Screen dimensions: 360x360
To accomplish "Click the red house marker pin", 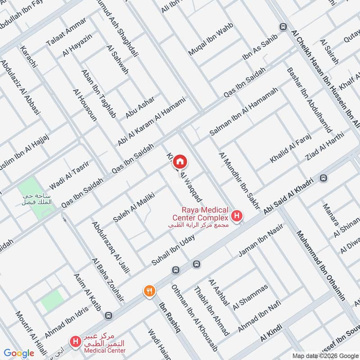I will (180, 162).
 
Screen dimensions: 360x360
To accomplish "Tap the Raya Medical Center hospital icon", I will (238, 216).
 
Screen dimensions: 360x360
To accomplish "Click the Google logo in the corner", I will (19, 353).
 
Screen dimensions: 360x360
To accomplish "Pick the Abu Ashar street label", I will (140, 107).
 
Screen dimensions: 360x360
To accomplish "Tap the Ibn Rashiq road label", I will (170, 318).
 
